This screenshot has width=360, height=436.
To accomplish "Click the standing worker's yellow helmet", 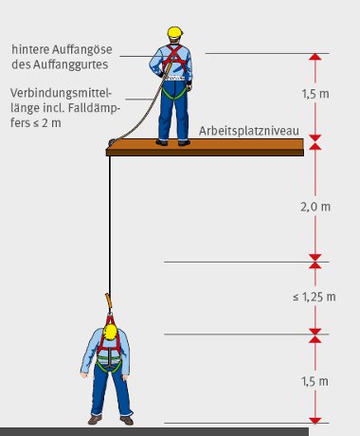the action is [175, 32].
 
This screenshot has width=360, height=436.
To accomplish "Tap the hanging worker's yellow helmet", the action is [111, 332].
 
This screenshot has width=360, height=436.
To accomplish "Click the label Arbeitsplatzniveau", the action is [249, 131].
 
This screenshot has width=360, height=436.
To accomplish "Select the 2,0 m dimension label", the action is [315, 207].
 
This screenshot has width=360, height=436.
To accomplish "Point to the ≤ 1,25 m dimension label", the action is [315, 297].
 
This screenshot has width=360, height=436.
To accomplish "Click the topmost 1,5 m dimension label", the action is [315, 94].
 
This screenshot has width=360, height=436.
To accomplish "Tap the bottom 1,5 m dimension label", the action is [315, 381].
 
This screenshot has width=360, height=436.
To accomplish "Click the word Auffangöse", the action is [82, 49].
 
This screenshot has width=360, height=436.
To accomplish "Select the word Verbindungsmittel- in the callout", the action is [62, 93].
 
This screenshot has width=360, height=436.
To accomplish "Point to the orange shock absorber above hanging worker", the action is [109, 300].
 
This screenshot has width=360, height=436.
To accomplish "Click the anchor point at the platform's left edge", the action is [112, 142].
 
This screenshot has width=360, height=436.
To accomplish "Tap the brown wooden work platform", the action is [205, 147].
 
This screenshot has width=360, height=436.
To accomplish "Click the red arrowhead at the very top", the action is [315, 57].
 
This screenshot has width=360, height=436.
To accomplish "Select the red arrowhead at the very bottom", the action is [315, 421].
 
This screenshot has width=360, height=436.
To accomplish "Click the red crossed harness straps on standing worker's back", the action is [174, 58].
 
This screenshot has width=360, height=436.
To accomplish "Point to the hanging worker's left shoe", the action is [95, 420].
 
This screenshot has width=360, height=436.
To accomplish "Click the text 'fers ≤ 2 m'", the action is [36, 123].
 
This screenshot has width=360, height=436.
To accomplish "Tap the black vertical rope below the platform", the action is [110, 225].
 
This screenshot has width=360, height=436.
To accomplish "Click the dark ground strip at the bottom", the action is [154, 432].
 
